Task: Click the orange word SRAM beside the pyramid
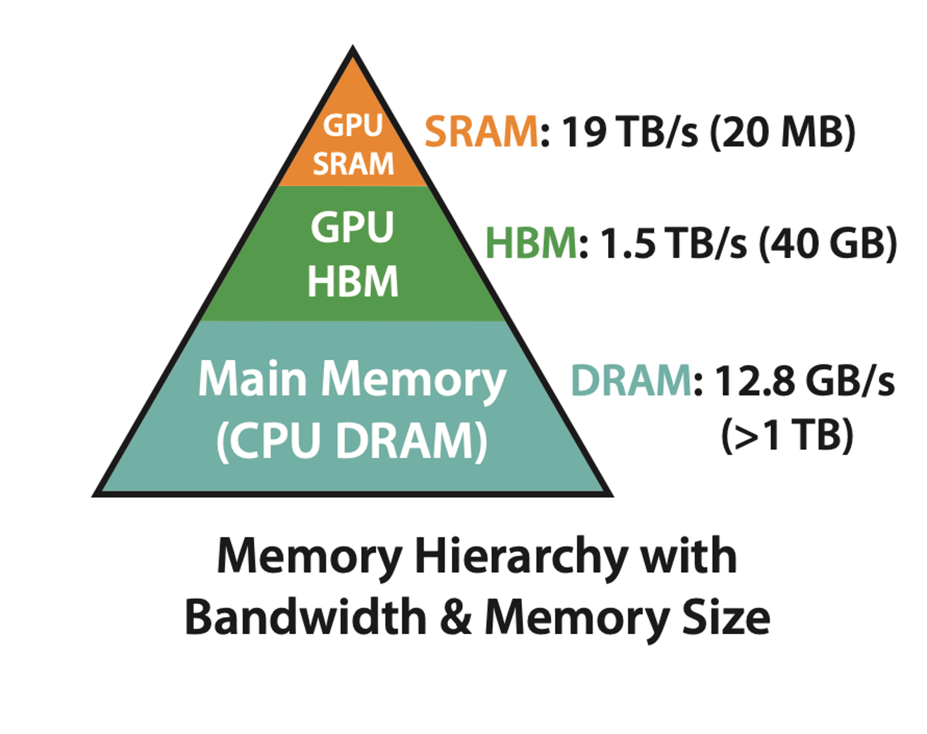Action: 481,132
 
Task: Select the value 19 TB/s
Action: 630,132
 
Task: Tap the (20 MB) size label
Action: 782,132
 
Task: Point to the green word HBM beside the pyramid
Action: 531,244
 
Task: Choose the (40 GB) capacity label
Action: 828,244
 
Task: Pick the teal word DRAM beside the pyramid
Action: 631,381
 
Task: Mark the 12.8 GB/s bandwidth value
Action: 804,381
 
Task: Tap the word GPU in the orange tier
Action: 353,125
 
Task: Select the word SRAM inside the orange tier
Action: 353,164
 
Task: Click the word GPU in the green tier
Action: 352,228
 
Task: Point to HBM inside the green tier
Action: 353,281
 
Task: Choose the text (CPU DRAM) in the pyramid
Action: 352,441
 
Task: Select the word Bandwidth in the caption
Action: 305,617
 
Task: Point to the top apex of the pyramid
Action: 353,48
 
